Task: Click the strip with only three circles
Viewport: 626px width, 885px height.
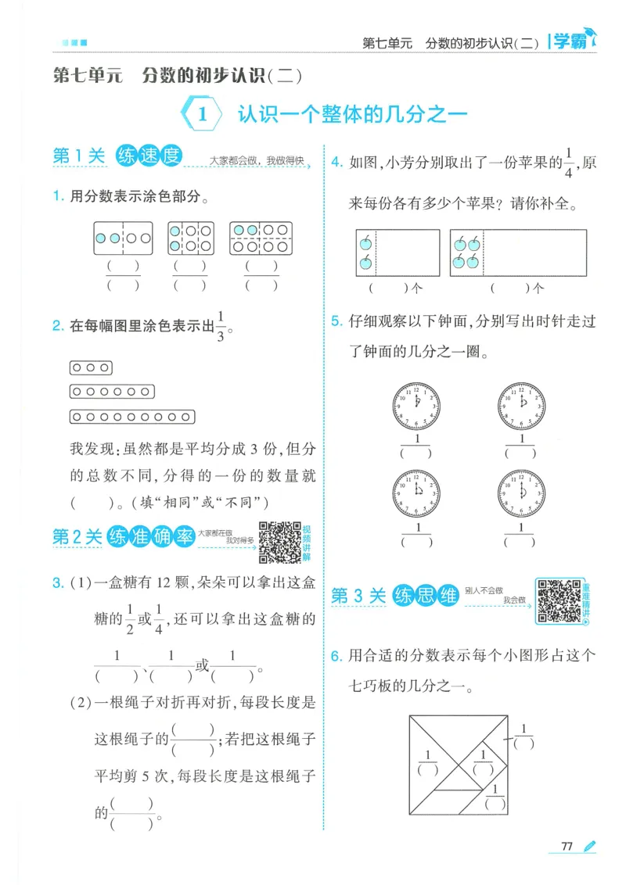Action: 92,367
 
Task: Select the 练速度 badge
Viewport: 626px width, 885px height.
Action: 149,156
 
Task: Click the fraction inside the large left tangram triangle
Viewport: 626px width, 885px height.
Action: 429,762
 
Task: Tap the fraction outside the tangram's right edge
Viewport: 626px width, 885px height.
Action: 524,736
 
